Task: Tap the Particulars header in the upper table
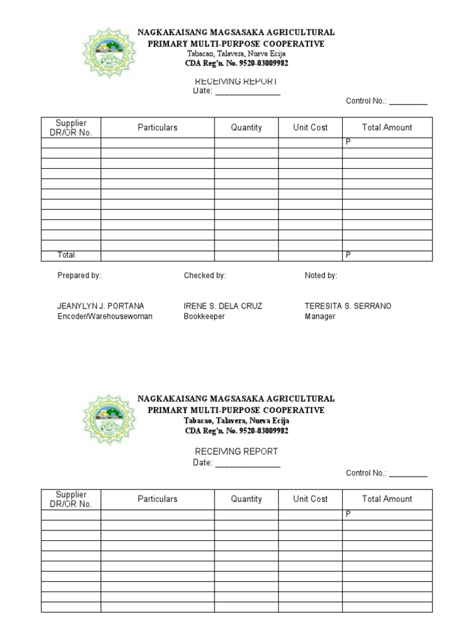coord(157,127)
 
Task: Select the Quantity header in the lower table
coord(246,499)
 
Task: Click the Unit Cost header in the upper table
coord(310,127)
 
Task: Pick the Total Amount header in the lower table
coord(387,499)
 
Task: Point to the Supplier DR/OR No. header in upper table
coord(71,128)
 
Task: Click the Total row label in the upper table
coord(66,255)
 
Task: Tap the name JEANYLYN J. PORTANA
coord(101,306)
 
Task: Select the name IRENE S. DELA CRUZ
coord(223,306)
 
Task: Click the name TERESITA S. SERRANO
coord(348,306)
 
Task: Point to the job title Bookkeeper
coord(204,316)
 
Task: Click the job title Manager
coord(320,316)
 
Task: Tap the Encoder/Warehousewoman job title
coord(105,316)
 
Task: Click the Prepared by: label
coord(79,276)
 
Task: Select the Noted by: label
coord(321,276)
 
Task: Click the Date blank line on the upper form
coord(247,92)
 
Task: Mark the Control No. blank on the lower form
coord(408,475)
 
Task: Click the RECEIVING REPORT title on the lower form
coord(236,451)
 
